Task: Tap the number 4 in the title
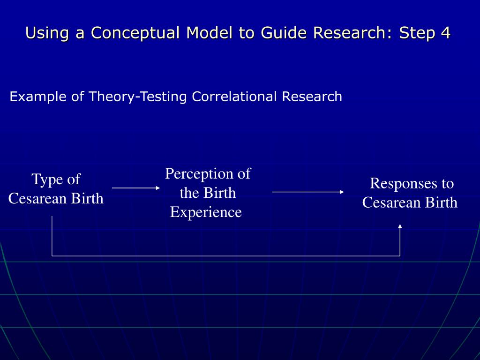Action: [x=445, y=33]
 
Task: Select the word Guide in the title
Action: [x=285, y=33]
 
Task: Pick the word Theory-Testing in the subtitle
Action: [x=138, y=97]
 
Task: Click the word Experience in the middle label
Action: [x=206, y=212]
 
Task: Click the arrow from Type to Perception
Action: [x=136, y=188]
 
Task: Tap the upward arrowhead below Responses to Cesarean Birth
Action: [x=400, y=227]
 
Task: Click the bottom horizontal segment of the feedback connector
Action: [x=225, y=256]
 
